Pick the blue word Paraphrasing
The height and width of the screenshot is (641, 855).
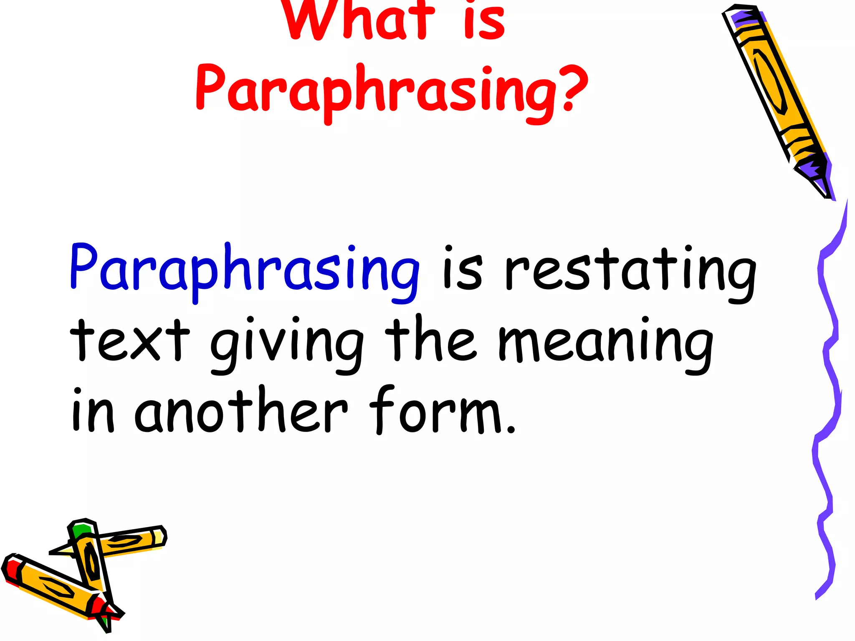244,269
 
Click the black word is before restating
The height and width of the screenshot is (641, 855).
463,269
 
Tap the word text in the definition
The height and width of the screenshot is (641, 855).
129,340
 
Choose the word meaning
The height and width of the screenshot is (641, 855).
605,344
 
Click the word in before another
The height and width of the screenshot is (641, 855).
93,411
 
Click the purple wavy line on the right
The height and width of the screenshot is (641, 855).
829,376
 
